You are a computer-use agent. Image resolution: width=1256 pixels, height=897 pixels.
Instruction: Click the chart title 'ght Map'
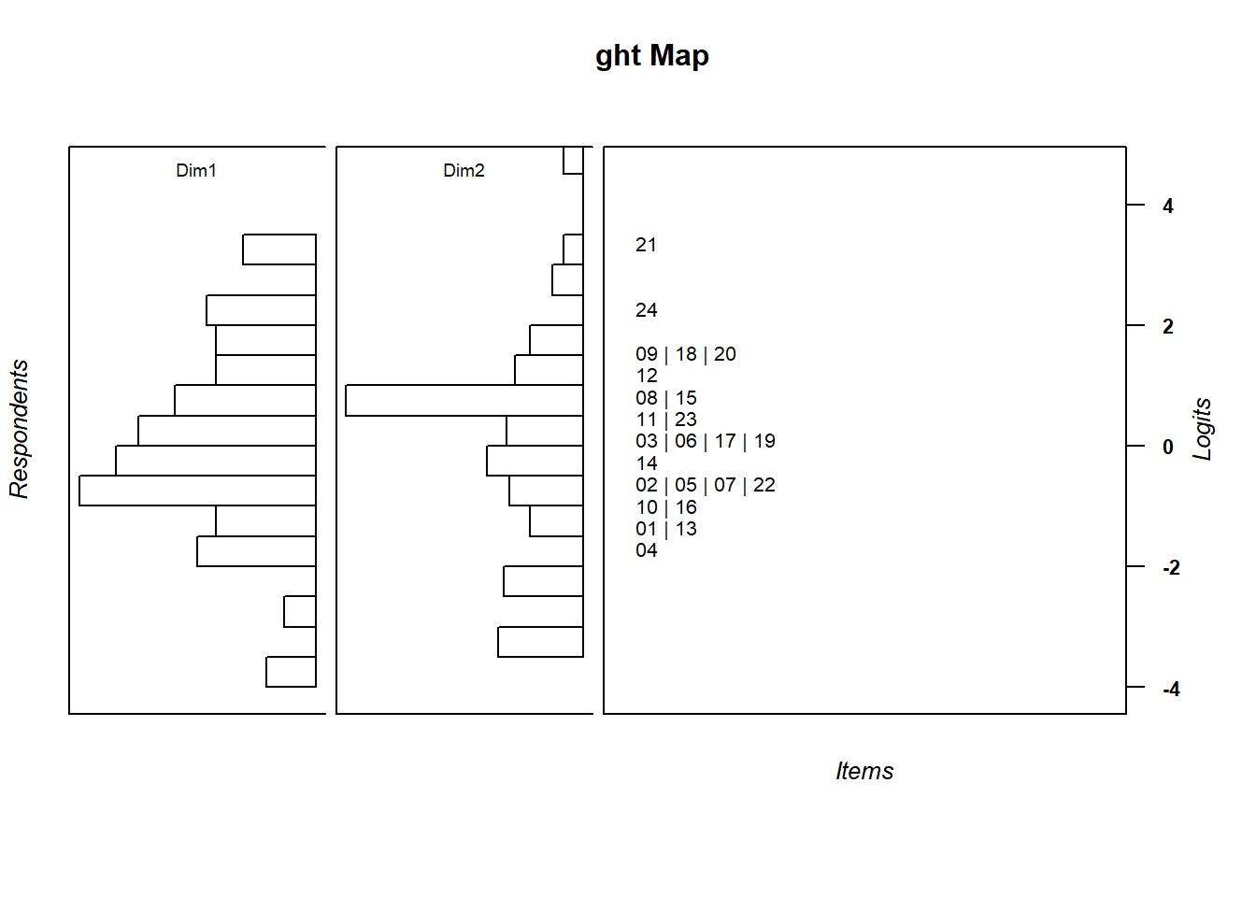coord(651,56)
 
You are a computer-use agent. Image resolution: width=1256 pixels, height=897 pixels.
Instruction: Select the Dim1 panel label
coord(196,170)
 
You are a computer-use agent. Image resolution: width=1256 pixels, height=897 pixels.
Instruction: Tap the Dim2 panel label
coord(464,170)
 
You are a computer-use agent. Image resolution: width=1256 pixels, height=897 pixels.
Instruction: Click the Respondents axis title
coord(20,430)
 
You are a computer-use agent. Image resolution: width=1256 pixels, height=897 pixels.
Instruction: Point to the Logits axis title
coord(1203,430)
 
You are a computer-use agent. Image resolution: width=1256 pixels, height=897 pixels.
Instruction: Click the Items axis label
coord(864,771)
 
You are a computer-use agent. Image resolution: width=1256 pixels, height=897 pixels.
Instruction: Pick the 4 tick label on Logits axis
coord(1168,206)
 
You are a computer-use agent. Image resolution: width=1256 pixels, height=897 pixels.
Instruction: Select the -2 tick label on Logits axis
coord(1171,568)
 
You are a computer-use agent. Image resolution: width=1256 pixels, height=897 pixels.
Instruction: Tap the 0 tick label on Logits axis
coord(1168,448)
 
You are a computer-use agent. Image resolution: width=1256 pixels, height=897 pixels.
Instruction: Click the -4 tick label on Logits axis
coord(1171,690)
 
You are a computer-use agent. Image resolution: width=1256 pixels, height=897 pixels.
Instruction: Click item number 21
coord(646,245)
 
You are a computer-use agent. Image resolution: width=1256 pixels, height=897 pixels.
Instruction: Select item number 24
coord(646,310)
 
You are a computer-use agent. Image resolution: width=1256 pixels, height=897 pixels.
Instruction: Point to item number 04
coord(646,550)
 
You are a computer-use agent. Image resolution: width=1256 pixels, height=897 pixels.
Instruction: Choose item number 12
coord(646,376)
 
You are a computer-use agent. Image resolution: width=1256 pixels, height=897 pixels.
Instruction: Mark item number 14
coord(646,463)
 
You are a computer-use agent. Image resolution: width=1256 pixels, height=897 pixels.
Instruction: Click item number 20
coord(725,354)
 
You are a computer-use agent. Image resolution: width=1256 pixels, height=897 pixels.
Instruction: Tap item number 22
coord(764,485)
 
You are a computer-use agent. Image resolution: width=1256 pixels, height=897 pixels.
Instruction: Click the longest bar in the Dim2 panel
coord(464,400)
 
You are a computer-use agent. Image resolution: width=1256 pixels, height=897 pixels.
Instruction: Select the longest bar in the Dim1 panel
coord(197,491)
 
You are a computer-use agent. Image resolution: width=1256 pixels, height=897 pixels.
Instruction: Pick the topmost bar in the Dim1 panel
coord(279,249)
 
